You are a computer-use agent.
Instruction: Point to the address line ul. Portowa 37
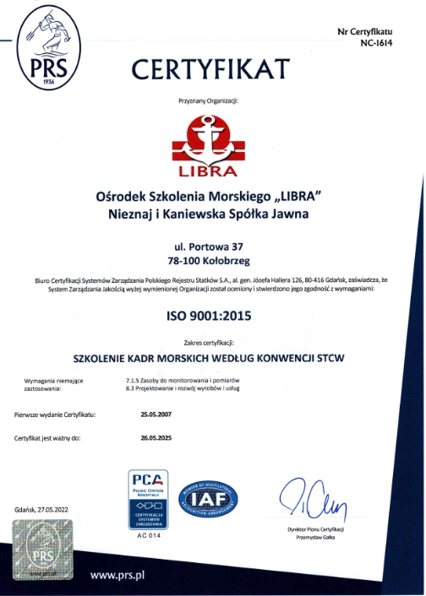click(210, 245)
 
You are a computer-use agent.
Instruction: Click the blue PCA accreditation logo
click(147, 500)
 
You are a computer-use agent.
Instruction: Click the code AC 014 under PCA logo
click(147, 535)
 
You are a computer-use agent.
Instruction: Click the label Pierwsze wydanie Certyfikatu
click(55, 414)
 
